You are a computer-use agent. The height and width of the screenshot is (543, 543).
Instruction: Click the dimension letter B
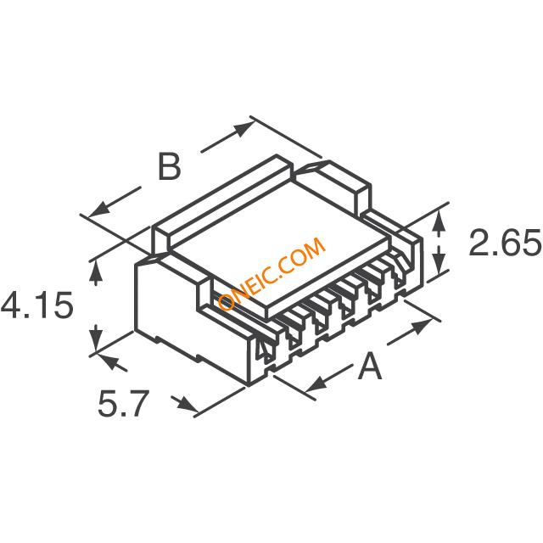click(169, 166)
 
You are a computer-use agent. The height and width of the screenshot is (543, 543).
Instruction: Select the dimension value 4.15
click(36, 305)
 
